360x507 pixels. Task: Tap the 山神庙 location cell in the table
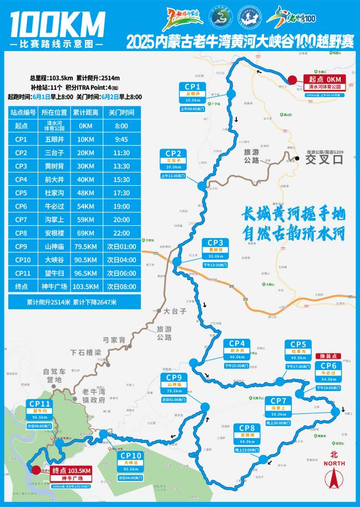[x=55, y=246]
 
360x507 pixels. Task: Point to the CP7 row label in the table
[x=21, y=220]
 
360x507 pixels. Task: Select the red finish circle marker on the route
[x=36, y=470]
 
